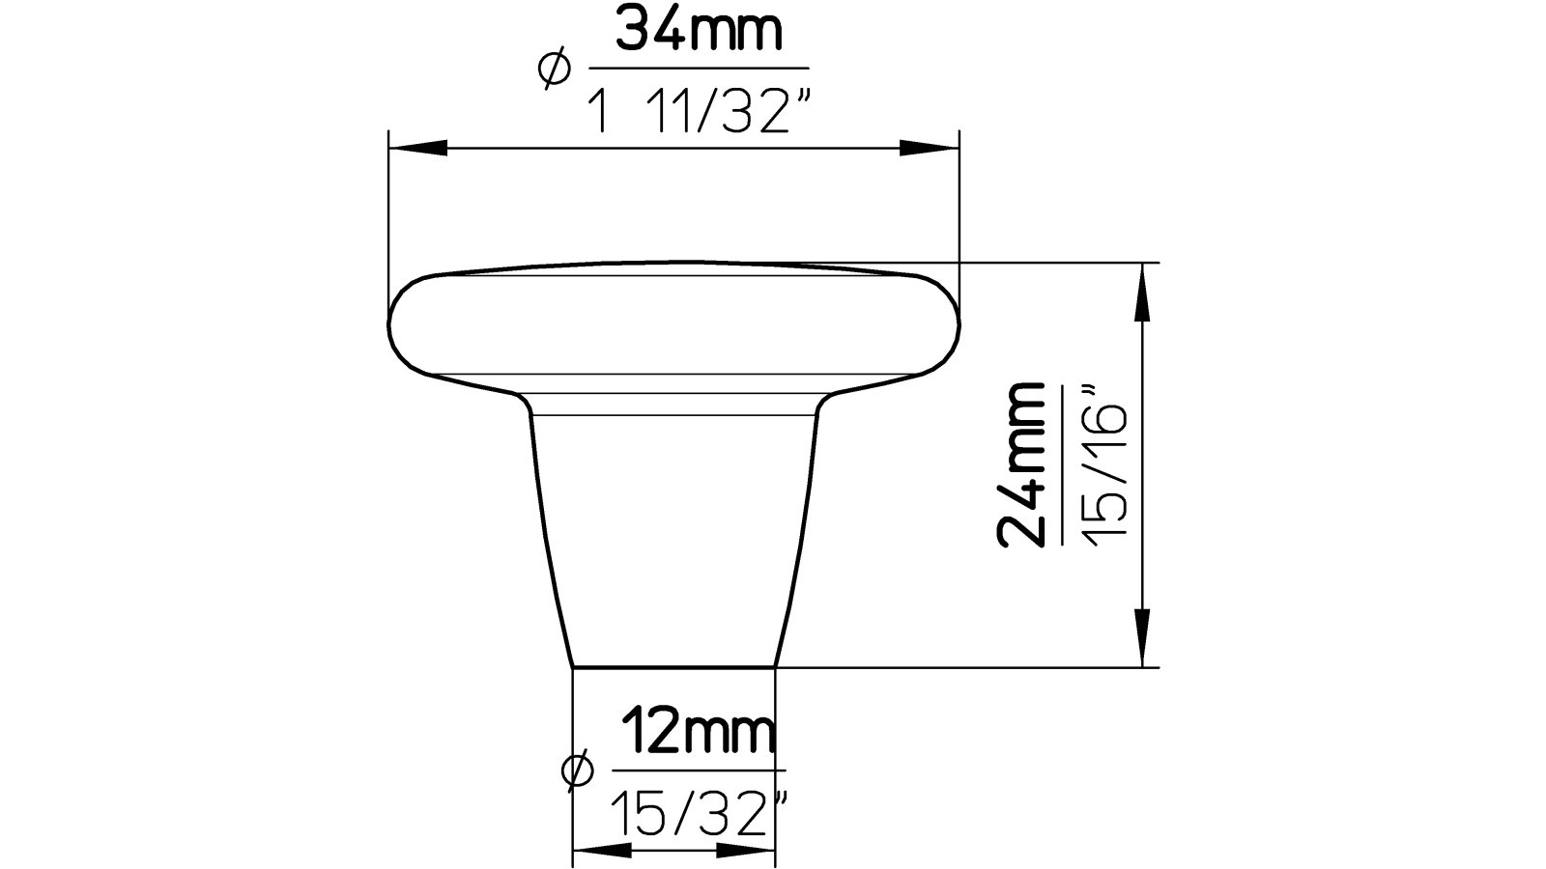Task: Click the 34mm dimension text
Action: tap(698, 33)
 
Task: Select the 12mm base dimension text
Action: tap(698, 734)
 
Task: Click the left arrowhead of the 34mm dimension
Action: tap(417, 148)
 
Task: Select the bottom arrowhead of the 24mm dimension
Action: tap(1144, 637)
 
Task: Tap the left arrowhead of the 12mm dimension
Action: tap(601, 851)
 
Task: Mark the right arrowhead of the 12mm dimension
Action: tap(746, 851)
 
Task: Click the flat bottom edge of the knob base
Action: tap(673, 666)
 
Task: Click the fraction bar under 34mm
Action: tap(698, 68)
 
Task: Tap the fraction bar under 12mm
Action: tap(698, 771)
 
